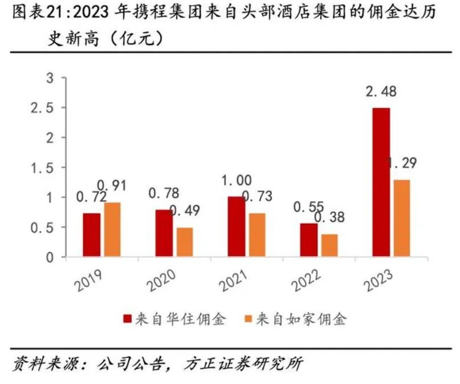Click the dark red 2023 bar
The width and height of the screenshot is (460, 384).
(381, 183)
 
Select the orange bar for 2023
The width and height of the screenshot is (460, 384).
(402, 219)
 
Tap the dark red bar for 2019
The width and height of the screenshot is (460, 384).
(92, 235)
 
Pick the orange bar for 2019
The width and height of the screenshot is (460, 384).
(112, 229)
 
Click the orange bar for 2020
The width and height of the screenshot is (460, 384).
(184, 242)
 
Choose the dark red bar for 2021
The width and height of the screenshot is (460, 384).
(236, 227)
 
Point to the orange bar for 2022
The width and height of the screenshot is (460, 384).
(329, 245)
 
